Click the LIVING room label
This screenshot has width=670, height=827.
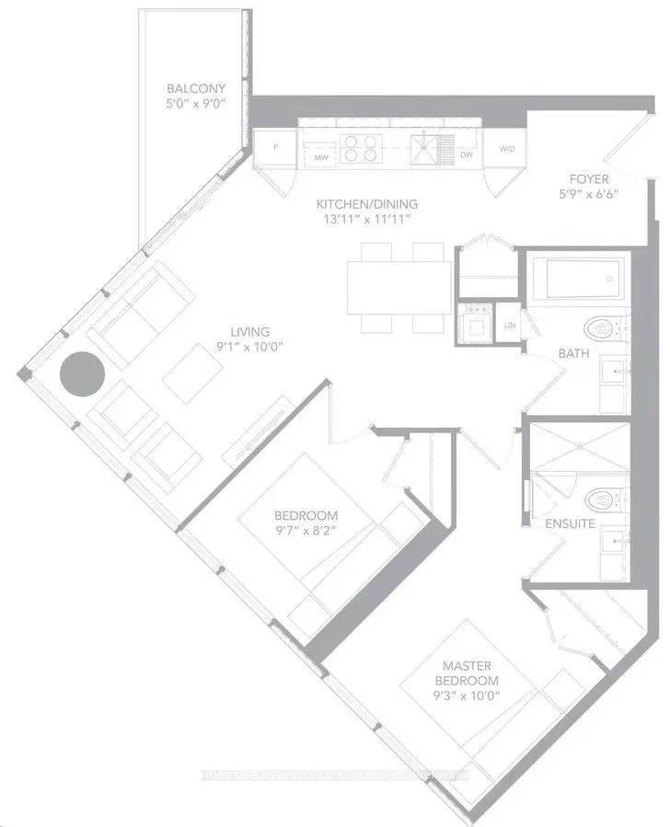(249, 332)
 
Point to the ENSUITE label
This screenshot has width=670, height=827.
(571, 524)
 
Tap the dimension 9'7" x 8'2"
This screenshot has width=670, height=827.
(306, 531)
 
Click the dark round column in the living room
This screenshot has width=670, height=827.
(82, 373)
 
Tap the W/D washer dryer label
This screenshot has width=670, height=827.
(507, 148)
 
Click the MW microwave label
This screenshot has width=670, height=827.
(321, 157)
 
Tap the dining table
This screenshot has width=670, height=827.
(399, 288)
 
